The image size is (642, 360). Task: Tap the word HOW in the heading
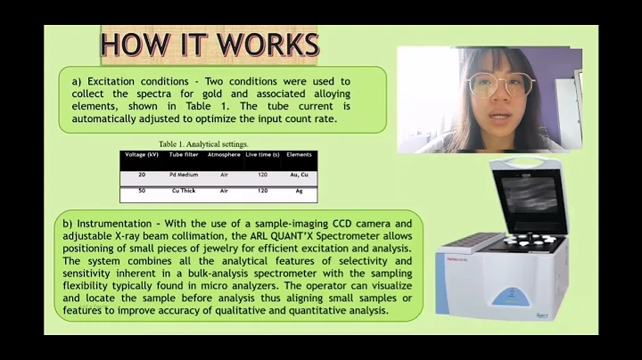tap(132, 45)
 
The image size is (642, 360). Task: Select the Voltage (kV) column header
tap(142, 155)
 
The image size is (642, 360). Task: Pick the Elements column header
tap(299, 155)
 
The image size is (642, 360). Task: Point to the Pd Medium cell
tap(185, 175)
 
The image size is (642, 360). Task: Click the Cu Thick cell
tap(185, 191)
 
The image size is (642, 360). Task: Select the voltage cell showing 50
tap(142, 191)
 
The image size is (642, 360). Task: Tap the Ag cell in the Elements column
tap(299, 191)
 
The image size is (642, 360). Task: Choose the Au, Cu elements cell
tap(299, 175)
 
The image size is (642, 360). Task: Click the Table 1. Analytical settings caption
tap(203, 144)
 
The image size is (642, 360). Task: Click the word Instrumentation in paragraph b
tap(117, 223)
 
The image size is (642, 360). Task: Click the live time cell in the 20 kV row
tap(262, 175)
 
